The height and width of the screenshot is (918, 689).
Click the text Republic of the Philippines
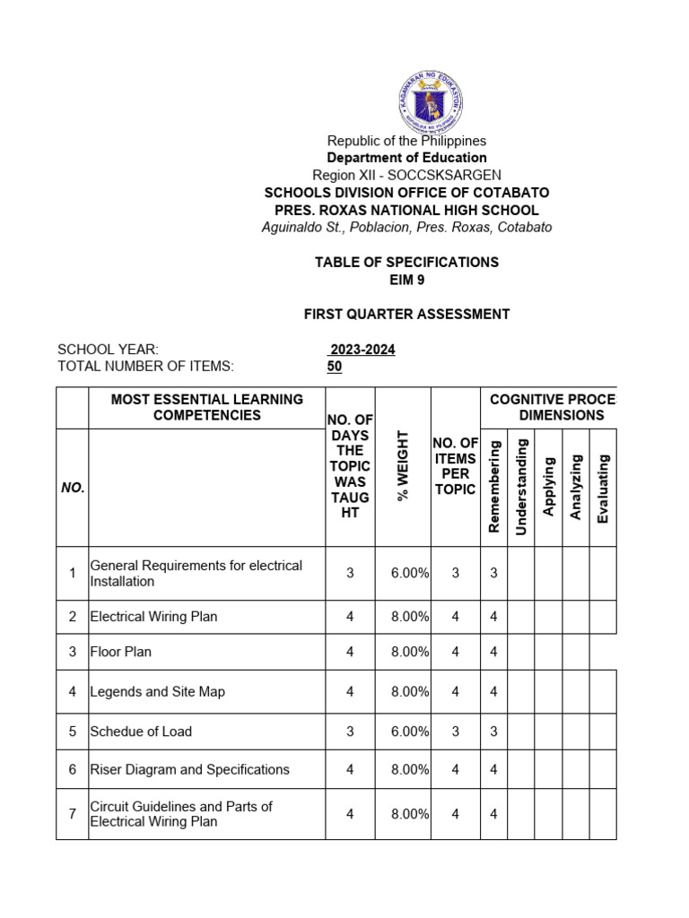point(406,141)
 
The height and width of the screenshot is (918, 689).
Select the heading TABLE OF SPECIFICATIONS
point(406,262)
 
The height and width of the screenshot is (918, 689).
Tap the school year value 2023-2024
point(362,350)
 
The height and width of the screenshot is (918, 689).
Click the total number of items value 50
point(335,367)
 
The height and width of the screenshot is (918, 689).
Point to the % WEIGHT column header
point(403,466)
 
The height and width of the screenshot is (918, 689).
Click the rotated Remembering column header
point(493,487)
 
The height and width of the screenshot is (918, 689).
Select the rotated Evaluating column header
point(603,489)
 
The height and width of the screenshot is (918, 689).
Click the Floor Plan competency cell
point(121,652)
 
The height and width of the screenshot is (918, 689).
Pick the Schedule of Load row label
point(141,732)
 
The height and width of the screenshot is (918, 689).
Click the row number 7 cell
point(72,814)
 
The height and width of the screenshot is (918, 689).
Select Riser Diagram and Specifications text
point(189,769)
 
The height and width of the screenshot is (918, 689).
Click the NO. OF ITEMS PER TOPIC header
point(456,466)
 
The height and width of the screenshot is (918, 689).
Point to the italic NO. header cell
point(73,488)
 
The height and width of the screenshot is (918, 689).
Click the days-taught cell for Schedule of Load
point(350,732)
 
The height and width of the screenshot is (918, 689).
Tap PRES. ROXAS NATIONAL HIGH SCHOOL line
point(406,210)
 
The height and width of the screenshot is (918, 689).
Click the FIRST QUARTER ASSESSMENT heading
point(406,314)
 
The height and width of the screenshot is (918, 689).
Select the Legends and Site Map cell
point(157,691)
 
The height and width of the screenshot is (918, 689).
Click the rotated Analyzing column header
point(576,487)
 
